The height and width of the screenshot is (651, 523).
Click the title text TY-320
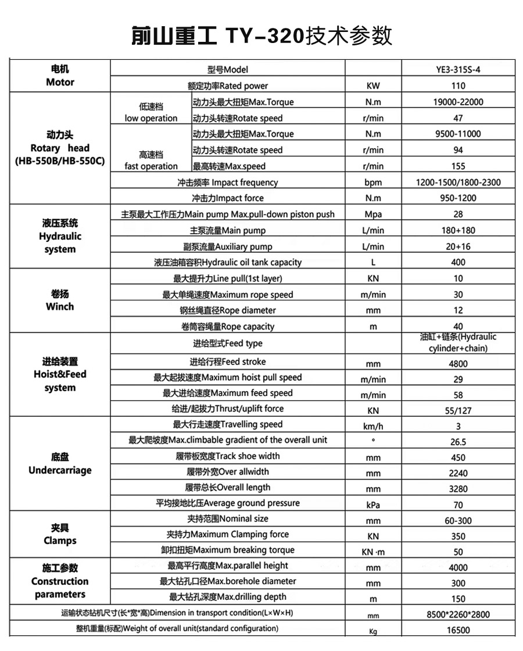[x=264, y=36]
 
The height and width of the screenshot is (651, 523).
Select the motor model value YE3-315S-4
[x=458, y=70]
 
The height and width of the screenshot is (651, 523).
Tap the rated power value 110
[x=458, y=86]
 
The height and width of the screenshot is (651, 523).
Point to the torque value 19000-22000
[x=458, y=102]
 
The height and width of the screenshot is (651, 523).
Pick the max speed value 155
[x=458, y=166]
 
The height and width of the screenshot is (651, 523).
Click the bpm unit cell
[x=373, y=183]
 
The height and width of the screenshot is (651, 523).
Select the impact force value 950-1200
[x=458, y=198]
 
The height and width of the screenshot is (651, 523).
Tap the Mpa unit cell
[x=373, y=214]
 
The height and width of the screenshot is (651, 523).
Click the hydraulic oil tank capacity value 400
[x=458, y=262]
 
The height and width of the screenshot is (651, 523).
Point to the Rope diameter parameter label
[x=228, y=310]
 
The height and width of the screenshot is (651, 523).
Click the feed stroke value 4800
[x=458, y=364]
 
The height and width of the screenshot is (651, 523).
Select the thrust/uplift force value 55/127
[x=458, y=410]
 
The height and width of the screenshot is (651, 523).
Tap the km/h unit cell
[x=373, y=426]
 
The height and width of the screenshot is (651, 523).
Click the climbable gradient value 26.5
[x=458, y=442]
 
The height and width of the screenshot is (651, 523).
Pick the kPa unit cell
[x=373, y=505]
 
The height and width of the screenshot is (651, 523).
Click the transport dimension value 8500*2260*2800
[x=458, y=614]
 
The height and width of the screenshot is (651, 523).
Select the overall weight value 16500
[x=458, y=629]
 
